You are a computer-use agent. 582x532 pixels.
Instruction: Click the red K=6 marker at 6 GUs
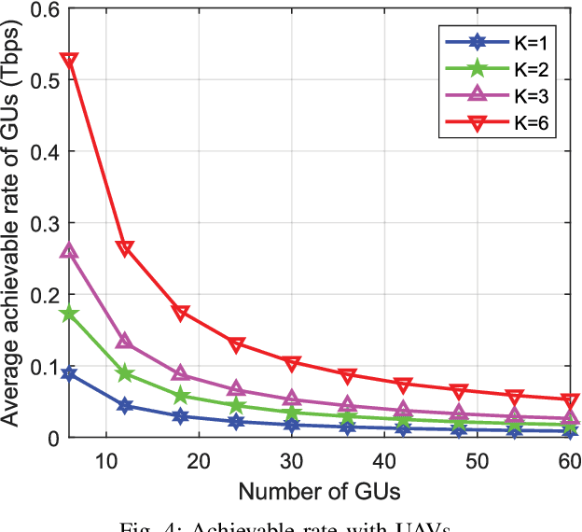[x=69, y=61]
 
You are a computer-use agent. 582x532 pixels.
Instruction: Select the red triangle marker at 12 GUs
[x=124, y=248]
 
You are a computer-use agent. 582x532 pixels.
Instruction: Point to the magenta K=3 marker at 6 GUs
[x=69, y=251]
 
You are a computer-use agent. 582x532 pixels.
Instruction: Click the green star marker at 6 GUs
[x=69, y=314]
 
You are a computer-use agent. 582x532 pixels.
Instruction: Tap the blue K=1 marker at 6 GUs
[x=69, y=373]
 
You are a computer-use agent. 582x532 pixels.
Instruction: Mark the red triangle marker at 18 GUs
[x=181, y=313]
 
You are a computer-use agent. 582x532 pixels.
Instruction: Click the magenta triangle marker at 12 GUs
[x=124, y=343]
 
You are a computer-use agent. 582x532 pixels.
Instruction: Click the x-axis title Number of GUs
[x=317, y=491]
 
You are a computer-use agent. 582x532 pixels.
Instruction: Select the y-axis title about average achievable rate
[x=13, y=224]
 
